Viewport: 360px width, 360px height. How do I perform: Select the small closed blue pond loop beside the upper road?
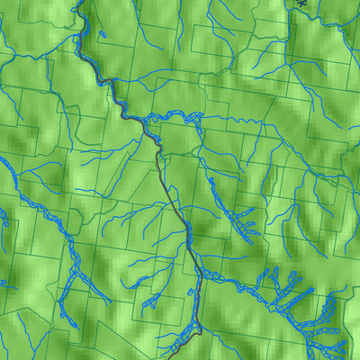(x=101, y=35)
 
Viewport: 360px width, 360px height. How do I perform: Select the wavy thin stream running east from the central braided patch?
(x=243, y=119)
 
